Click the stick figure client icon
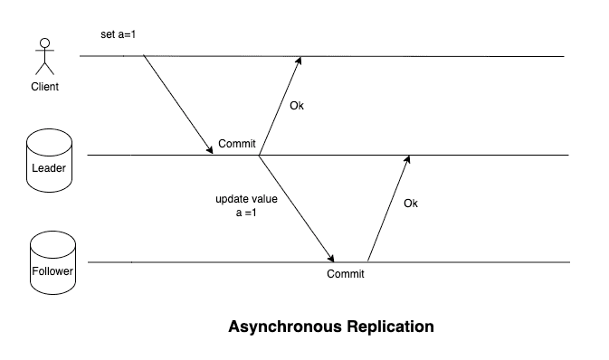point(43,56)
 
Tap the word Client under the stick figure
point(44,87)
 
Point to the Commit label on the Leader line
point(237,144)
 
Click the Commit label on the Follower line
point(345,274)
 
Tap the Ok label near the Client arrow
point(296,106)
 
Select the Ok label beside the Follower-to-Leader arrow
point(410,204)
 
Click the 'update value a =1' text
point(241,205)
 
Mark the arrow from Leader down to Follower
point(297,209)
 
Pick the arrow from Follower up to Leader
point(388,209)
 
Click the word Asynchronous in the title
point(285,326)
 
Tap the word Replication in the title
point(390,326)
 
